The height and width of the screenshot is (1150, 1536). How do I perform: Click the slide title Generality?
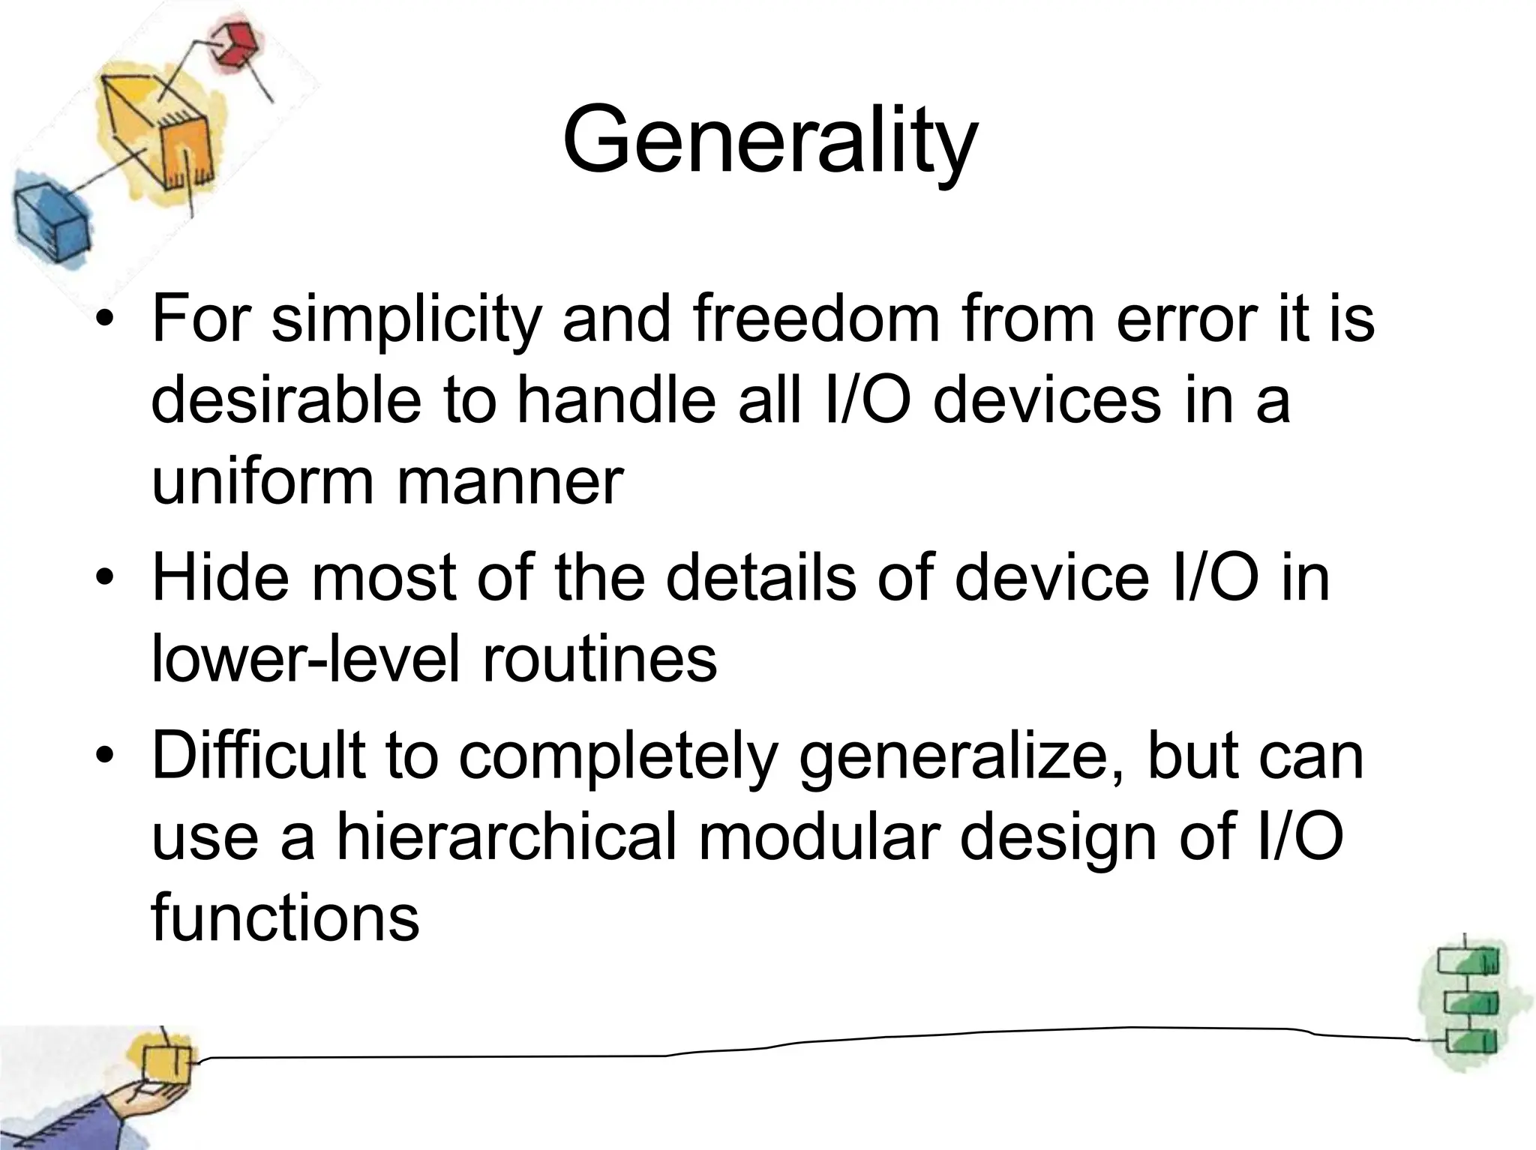tap(769, 140)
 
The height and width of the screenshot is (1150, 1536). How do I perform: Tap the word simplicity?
tap(406, 319)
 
